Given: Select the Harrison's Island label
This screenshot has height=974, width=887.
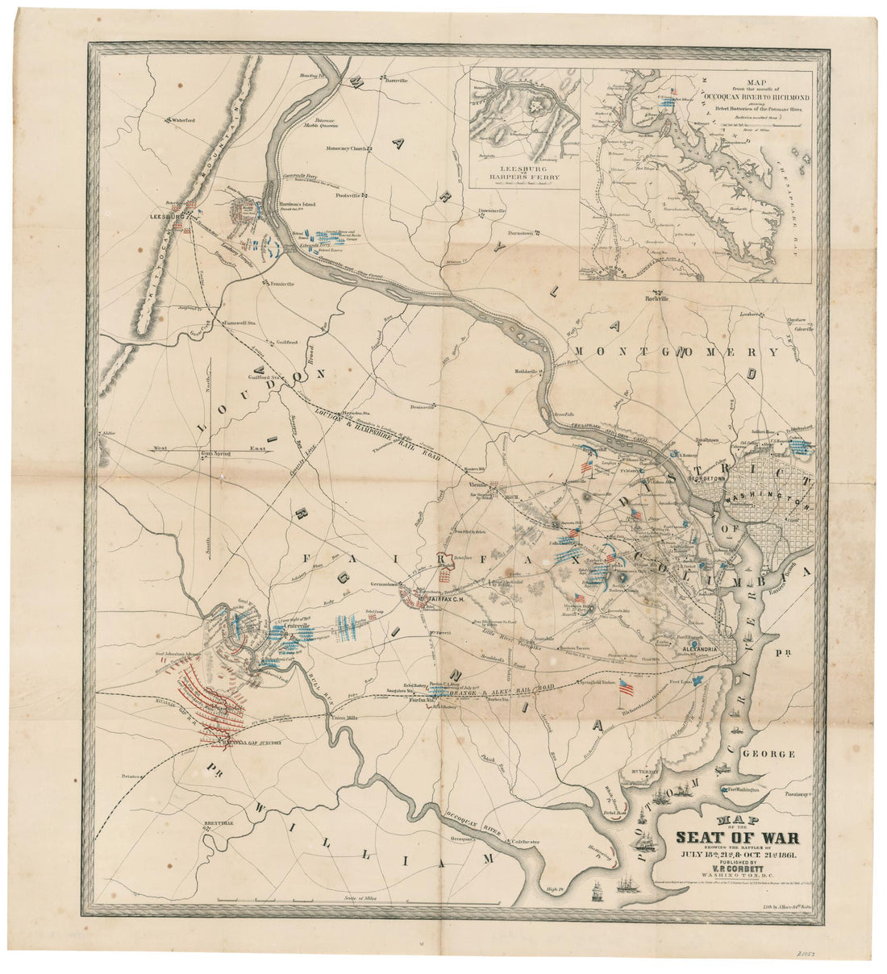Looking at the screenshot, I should (297, 205).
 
